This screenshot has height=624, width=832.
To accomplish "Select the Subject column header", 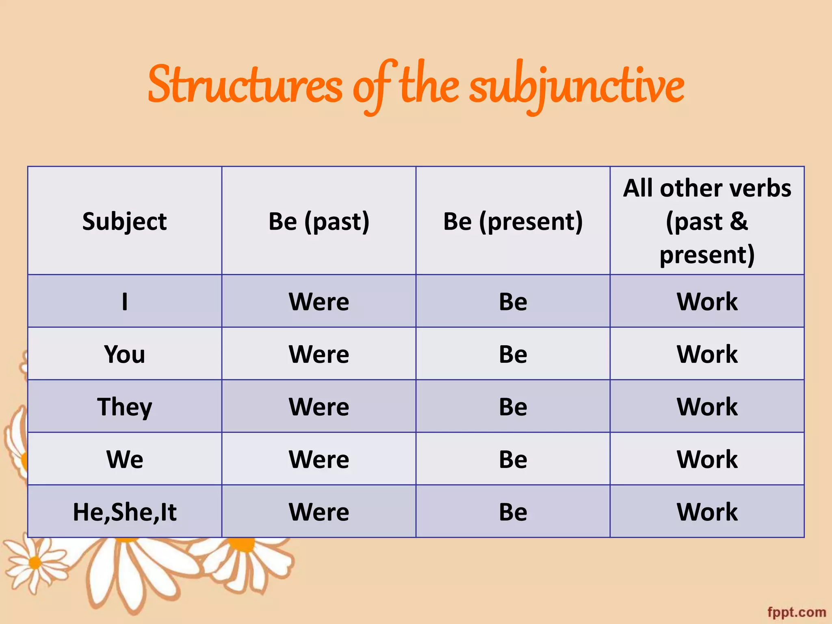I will pos(124,221).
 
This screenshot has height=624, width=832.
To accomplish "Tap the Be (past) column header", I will pos(319,221).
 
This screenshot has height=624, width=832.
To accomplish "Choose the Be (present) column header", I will pos(513,221).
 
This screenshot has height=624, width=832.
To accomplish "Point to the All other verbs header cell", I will pos(707,221).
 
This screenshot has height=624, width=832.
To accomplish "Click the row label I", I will pos(124,301).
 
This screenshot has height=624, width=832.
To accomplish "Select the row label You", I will pos(124,354).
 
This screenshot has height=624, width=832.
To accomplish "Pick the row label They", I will pos(124,407).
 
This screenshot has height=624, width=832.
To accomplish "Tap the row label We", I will pos(124,459).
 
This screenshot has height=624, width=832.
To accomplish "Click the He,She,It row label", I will pos(124,512).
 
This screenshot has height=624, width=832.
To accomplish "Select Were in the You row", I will pos(319,354).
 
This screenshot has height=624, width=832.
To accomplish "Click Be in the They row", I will pos(513,407).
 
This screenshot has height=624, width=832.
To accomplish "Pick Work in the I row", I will pos(707,301).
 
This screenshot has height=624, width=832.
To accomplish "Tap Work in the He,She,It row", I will pos(707,512).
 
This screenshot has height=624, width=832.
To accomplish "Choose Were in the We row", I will pos(319,459).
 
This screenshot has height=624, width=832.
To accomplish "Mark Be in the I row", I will pos(513,301).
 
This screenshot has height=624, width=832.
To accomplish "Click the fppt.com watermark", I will pos(797,612).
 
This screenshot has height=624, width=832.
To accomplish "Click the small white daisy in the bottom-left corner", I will pos(35,563).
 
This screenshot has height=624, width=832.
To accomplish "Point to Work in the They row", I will pos(707,407).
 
